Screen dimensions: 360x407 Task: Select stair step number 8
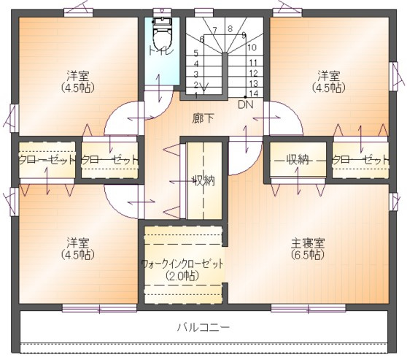pyautogui.click(x=230, y=29)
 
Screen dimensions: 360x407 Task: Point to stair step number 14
pyautogui.click(x=252, y=93)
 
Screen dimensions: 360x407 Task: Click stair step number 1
pyautogui.click(x=196, y=94)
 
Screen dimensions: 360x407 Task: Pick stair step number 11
pyautogui.click(x=252, y=62)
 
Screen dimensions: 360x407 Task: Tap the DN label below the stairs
pyautogui.click(x=244, y=104)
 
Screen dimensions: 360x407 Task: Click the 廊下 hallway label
pyautogui.click(x=203, y=118)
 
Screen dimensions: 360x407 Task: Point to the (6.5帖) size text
pyautogui.click(x=307, y=255)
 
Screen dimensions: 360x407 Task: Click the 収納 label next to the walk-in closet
pyautogui.click(x=204, y=180)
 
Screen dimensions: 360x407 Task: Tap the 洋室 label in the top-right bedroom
pyautogui.click(x=328, y=76)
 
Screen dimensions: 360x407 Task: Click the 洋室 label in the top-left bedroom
pyautogui.click(x=78, y=76)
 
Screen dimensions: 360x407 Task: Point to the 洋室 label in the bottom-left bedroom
pyautogui.click(x=78, y=243)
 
